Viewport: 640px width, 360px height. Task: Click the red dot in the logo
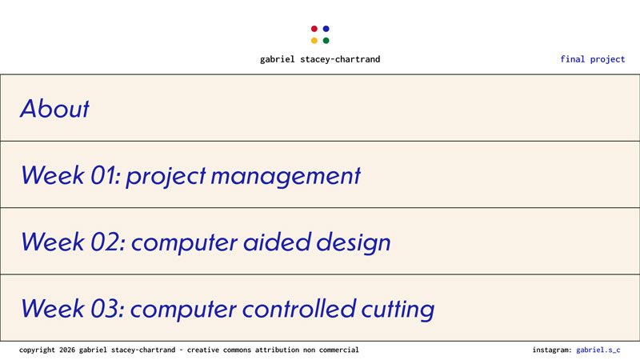314,29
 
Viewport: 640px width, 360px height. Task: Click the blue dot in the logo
326,29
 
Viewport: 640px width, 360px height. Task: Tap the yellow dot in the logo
314,41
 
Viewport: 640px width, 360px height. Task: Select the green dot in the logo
326,41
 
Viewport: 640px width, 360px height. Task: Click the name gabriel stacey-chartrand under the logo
320,59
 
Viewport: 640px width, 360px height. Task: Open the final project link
592,59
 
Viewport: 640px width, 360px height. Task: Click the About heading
54,109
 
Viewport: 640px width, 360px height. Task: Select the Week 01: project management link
190,176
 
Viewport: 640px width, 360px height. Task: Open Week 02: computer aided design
206,242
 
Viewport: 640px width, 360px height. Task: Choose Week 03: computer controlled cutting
227,308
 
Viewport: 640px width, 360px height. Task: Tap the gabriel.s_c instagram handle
598,350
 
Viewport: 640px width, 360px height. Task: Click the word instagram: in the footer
552,350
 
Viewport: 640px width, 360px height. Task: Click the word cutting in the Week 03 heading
394,308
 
